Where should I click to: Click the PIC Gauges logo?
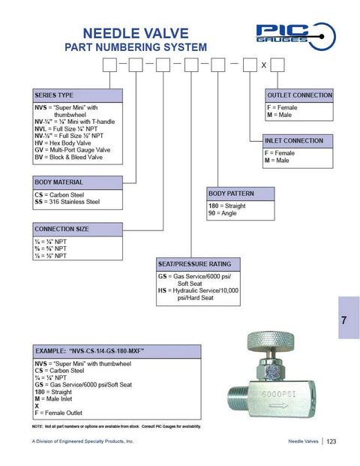(x=289, y=32)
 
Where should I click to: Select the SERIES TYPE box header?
(x=54, y=96)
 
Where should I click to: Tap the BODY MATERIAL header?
(x=58, y=182)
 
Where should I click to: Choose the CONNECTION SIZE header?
(x=61, y=229)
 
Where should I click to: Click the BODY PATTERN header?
(x=233, y=194)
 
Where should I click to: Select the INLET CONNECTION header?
(x=295, y=140)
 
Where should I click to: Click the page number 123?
(x=331, y=441)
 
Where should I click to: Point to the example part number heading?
(x=89, y=350)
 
